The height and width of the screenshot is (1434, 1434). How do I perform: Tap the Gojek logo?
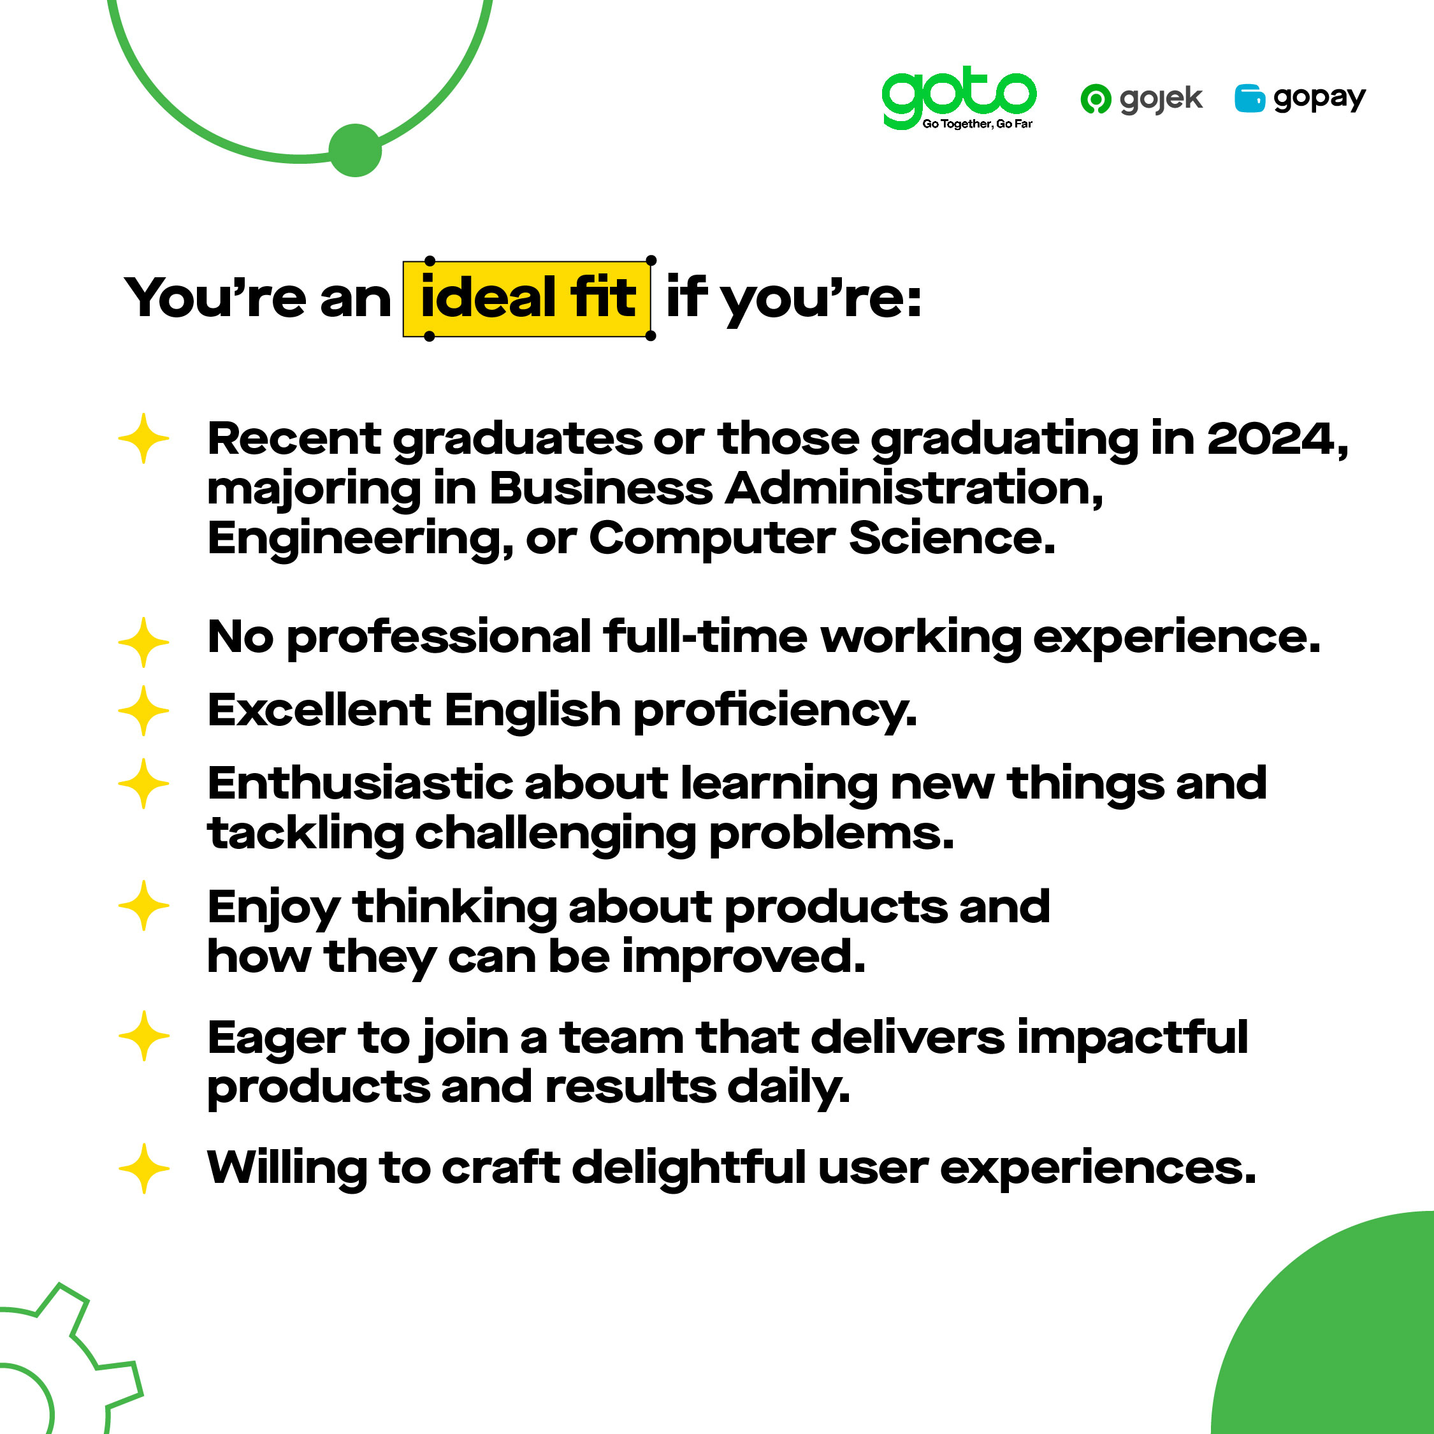1141,99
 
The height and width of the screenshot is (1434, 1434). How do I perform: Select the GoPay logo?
1300,98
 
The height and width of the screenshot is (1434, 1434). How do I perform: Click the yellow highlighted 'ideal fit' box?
528,298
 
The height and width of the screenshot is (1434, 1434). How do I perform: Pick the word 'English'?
532,711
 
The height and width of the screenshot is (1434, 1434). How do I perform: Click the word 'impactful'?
1133,1037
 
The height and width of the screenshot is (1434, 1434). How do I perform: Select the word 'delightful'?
690,1168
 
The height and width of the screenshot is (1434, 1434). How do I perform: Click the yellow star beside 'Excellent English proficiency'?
144,711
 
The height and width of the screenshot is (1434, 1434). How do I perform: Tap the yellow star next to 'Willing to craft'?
144,1168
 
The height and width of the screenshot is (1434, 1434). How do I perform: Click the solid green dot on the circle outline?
355,150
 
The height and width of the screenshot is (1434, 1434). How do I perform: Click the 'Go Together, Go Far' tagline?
977,124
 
